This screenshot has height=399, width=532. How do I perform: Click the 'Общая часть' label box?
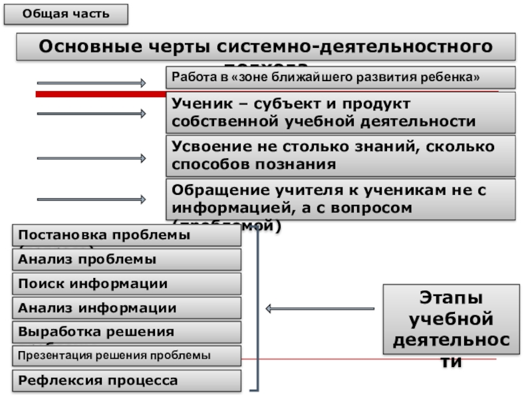click(66, 14)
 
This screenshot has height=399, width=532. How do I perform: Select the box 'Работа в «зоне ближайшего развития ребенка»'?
click(340, 77)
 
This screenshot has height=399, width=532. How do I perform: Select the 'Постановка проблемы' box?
click(126, 236)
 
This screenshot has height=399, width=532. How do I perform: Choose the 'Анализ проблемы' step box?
click(126, 259)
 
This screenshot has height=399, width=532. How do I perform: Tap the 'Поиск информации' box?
click(126, 284)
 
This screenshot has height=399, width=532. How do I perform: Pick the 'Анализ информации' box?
click(126, 308)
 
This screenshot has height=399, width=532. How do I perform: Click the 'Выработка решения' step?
click(126, 331)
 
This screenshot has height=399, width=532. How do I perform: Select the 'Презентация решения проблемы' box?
click(126, 356)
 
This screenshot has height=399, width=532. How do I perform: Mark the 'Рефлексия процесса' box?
click(126, 381)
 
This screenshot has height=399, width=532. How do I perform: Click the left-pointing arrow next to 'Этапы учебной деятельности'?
click(320, 309)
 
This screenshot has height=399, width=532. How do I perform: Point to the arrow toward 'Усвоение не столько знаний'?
click(91, 158)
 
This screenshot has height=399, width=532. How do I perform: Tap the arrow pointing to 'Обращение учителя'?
click(91, 199)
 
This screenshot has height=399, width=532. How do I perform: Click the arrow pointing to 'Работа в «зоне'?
click(91, 83)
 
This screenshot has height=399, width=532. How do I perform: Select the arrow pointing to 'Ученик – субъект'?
click(91, 114)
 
